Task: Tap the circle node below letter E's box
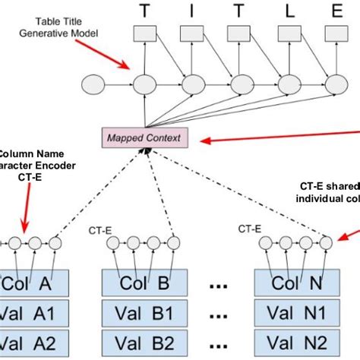[334, 82]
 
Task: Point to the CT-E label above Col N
[249, 228]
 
